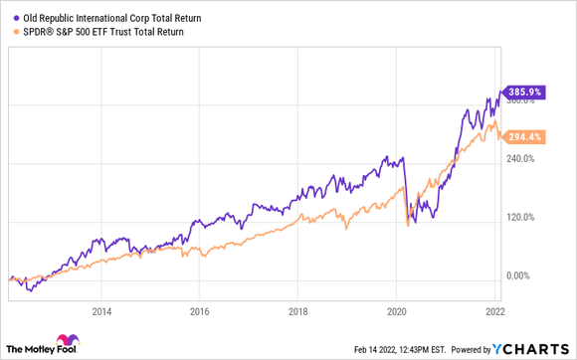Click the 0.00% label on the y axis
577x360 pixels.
pyautogui.click(x=523, y=275)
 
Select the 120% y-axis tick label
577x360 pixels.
pyautogui.click(x=523, y=217)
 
